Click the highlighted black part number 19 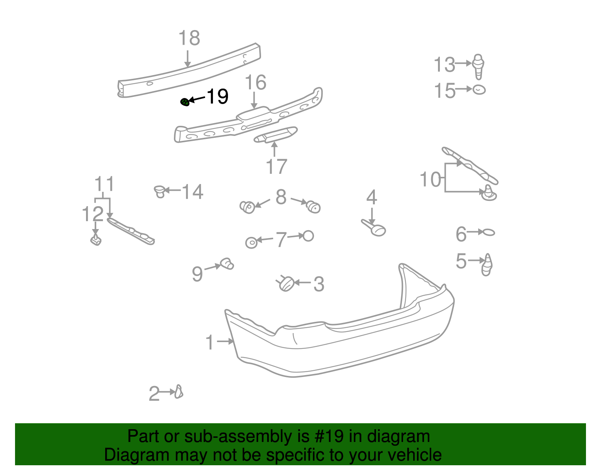click(217, 97)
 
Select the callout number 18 click(189, 38)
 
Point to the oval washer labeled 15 click(479, 90)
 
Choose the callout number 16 click(255, 83)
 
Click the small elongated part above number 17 click(276, 134)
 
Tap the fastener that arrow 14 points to click(160, 192)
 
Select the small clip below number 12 click(96, 239)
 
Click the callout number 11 click(104, 184)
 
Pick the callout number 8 click(281, 197)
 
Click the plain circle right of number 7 click(308, 236)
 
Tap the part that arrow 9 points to click(227, 264)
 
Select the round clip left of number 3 click(287, 284)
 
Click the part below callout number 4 click(376, 228)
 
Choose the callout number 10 click(430, 179)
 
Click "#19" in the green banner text click(326, 437)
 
